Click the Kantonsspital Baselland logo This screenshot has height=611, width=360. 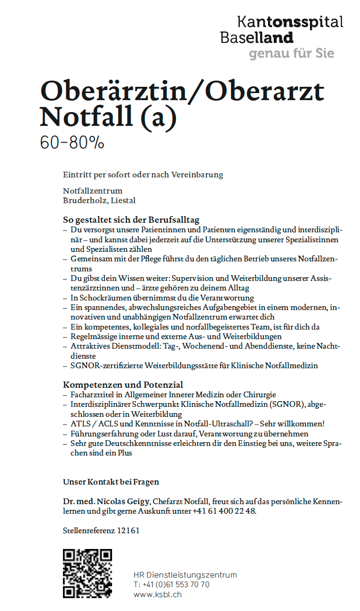tap(281, 29)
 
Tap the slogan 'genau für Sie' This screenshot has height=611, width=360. tap(291, 53)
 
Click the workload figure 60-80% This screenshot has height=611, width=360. tap(72, 142)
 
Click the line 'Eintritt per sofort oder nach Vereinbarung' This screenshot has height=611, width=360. tap(143, 175)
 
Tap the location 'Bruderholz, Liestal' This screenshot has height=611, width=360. tap(99, 200)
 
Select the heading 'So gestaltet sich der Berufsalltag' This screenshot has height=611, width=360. tap(131, 220)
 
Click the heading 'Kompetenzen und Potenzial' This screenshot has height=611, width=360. tap(123, 384)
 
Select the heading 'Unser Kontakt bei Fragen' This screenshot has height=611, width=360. tap(111, 482)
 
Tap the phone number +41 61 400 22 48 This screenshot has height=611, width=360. tap(224, 511)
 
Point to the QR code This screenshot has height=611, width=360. tap(87, 573)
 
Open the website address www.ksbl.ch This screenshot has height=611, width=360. tap(157, 595)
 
